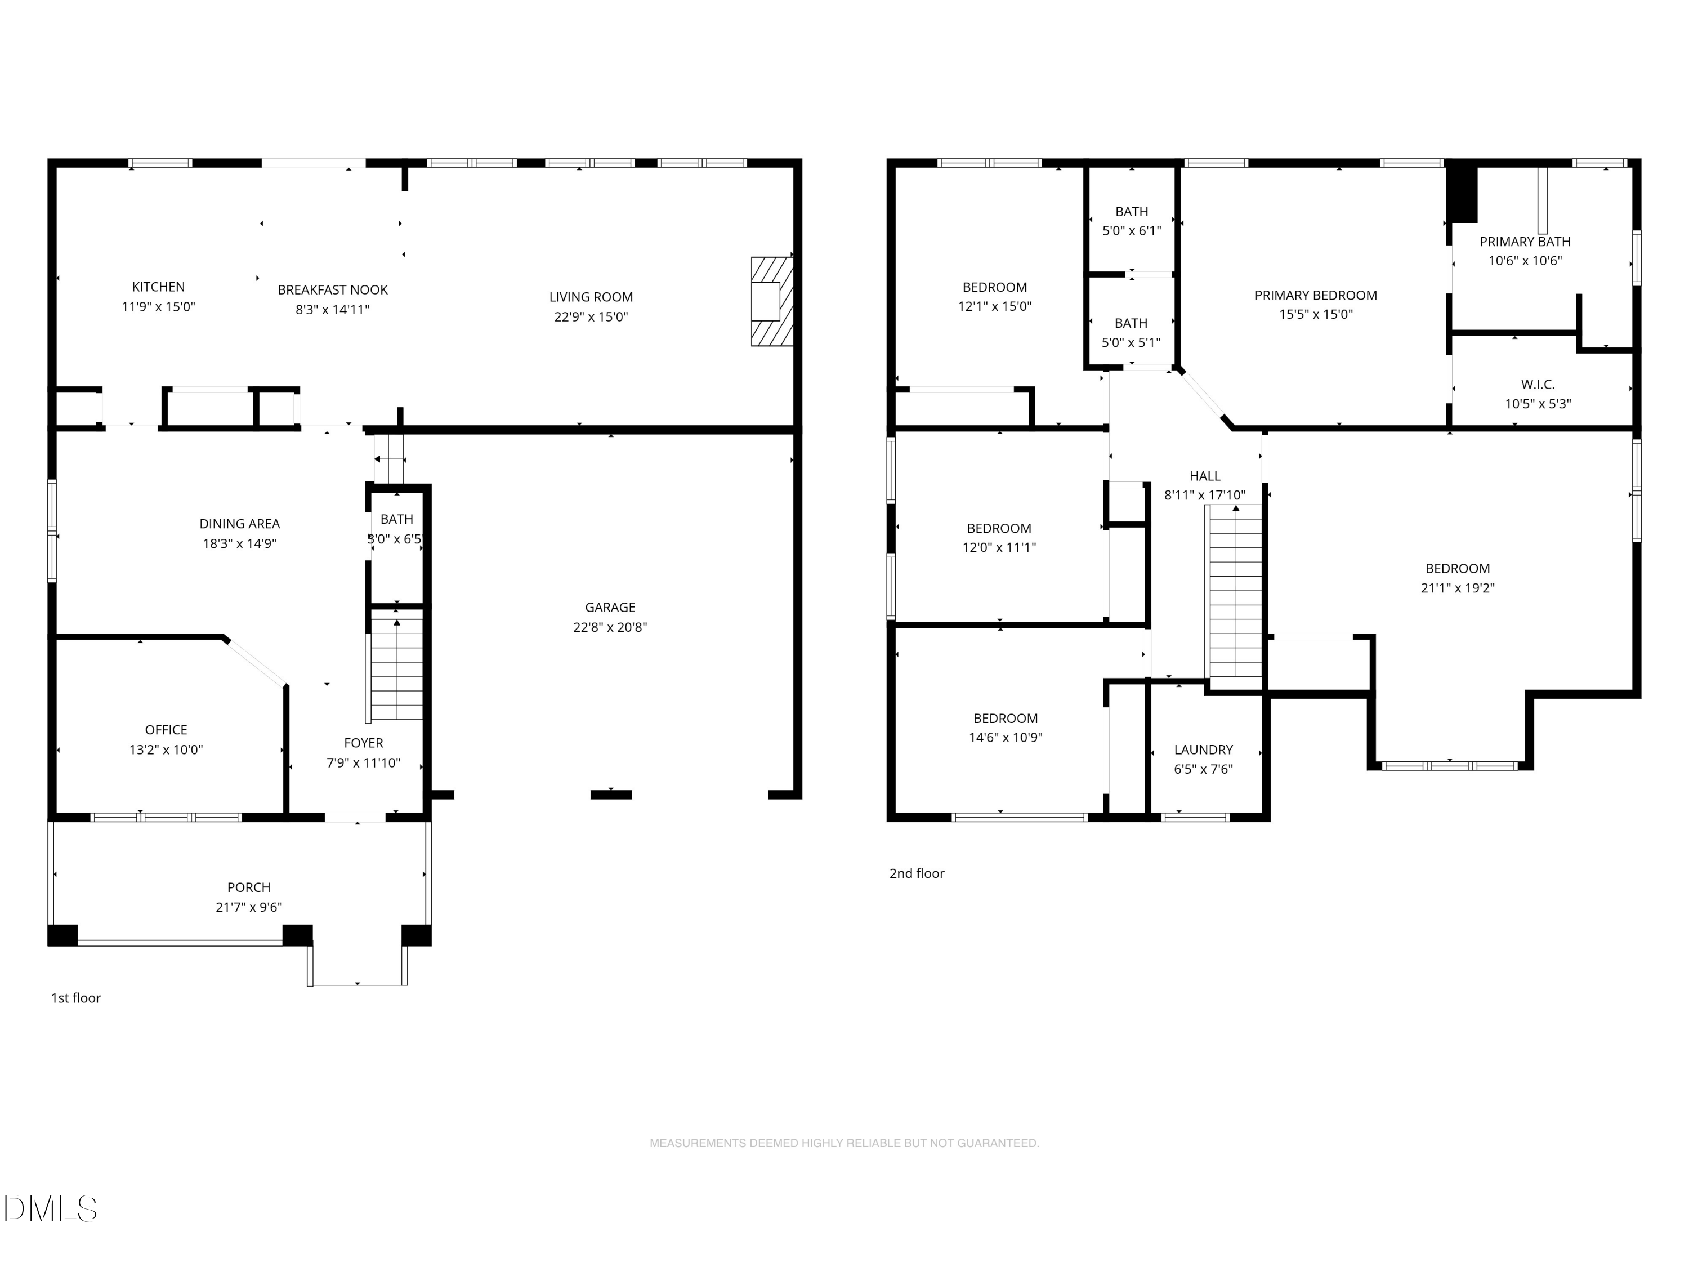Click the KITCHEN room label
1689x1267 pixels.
pyautogui.click(x=158, y=287)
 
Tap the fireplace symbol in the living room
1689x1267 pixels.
pyautogui.click(x=772, y=301)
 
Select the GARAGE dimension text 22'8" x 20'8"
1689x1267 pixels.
pyautogui.click(x=610, y=627)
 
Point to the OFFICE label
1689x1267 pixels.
pyautogui.click(x=166, y=730)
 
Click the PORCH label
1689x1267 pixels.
pyautogui.click(x=249, y=887)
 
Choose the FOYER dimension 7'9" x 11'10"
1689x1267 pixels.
pyautogui.click(x=364, y=763)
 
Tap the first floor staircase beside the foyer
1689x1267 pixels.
pyautogui.click(x=396, y=668)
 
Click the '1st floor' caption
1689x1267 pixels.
pyautogui.click(x=75, y=998)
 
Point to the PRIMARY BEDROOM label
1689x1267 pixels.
pyautogui.click(x=1316, y=296)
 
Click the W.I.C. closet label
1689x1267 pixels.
pyautogui.click(x=1538, y=385)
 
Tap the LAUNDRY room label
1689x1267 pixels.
pyautogui.click(x=1203, y=750)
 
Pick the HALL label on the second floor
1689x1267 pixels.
pyautogui.click(x=1205, y=476)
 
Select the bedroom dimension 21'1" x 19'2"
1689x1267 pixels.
pyautogui.click(x=1458, y=588)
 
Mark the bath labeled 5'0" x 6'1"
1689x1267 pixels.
pyautogui.click(x=1132, y=231)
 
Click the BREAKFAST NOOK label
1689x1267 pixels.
pyautogui.click(x=333, y=290)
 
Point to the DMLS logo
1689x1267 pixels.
pyautogui.click(x=51, y=1209)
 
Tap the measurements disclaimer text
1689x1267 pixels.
pyautogui.click(x=844, y=1143)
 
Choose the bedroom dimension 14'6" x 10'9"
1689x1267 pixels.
pyautogui.click(x=1006, y=738)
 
